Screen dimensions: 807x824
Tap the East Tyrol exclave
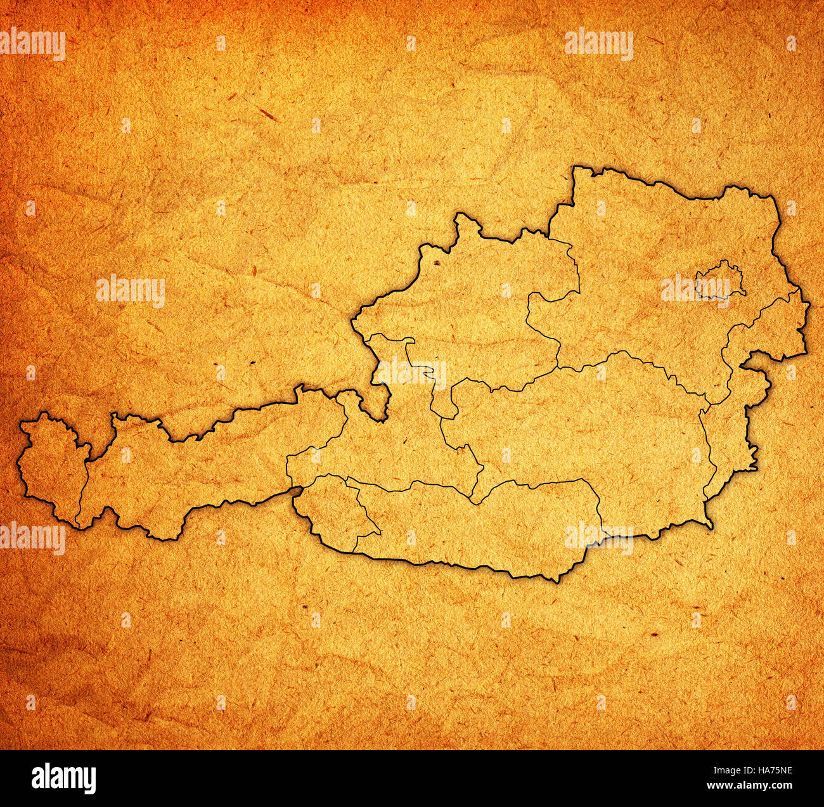pos(333,507)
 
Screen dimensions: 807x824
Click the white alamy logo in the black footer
pos(63,778)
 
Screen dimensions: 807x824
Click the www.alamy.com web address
pos(755,786)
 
